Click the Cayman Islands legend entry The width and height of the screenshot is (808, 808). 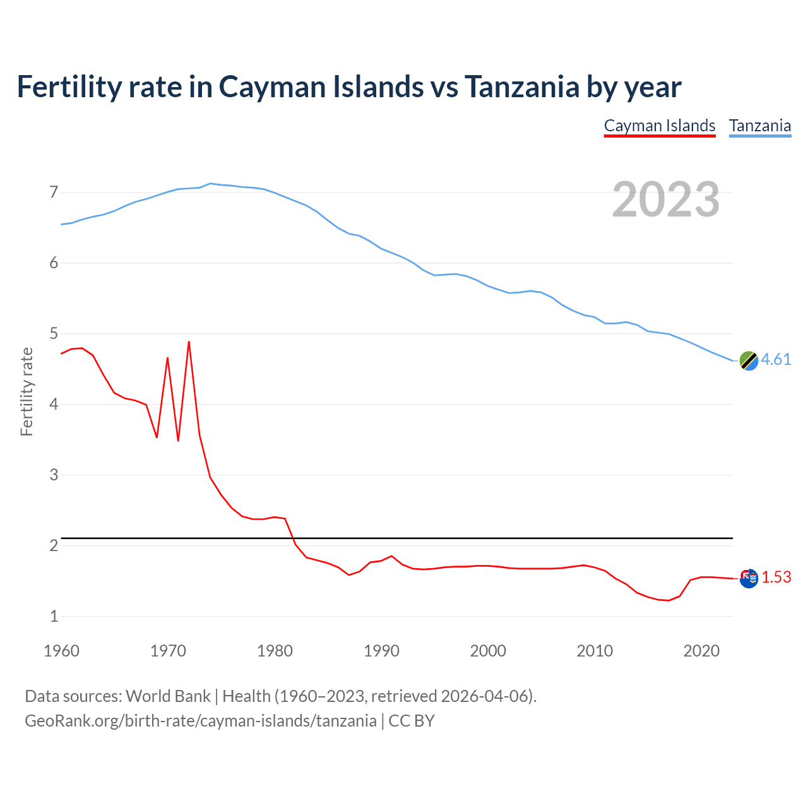click(x=660, y=126)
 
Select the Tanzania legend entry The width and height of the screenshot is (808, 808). click(x=760, y=126)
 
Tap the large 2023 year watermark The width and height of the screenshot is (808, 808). click(x=665, y=199)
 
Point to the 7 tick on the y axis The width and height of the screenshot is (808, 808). click(x=54, y=192)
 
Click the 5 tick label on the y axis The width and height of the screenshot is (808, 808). click(x=54, y=333)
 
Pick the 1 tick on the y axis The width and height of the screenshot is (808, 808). click(x=54, y=616)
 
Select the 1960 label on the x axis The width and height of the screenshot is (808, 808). click(x=61, y=651)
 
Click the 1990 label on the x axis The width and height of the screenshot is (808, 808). click(x=381, y=651)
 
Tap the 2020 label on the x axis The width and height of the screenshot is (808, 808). click(x=701, y=651)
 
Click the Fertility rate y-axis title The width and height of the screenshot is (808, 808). click(x=27, y=391)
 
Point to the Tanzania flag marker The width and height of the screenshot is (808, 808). click(x=749, y=360)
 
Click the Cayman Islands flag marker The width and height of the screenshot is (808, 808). click(x=749, y=578)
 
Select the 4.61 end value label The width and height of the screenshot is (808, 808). click(x=776, y=359)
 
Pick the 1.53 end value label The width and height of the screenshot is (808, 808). click(x=776, y=577)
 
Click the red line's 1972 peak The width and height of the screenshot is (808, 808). click(x=189, y=342)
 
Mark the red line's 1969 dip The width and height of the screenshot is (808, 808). click(x=157, y=437)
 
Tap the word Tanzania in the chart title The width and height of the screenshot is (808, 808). click(x=522, y=86)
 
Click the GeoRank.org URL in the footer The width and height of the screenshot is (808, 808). click(x=200, y=720)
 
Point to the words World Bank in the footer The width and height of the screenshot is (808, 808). click(x=168, y=696)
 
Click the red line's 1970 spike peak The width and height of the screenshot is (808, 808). click(x=167, y=358)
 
